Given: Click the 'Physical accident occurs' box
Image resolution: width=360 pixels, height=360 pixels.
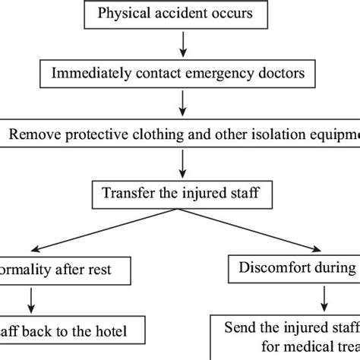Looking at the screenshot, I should [x=183, y=14].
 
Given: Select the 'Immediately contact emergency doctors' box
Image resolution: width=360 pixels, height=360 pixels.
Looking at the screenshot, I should [x=183, y=74].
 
